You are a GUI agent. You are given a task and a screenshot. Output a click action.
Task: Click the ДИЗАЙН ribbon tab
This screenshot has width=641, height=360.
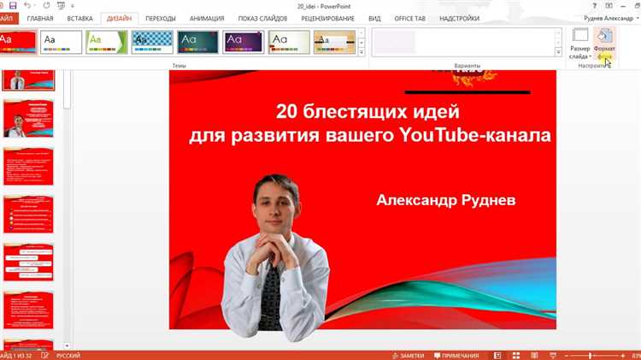(119, 18)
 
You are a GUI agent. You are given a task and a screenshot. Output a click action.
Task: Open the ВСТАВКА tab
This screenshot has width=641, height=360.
(79, 18)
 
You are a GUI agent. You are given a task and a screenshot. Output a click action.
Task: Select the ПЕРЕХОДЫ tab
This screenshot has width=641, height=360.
(161, 18)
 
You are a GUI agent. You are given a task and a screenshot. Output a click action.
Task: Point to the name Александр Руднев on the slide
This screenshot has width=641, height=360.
(445, 199)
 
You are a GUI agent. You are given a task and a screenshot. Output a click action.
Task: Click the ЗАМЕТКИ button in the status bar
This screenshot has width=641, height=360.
(408, 354)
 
